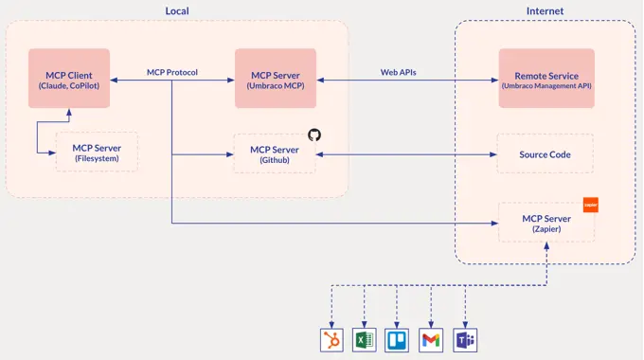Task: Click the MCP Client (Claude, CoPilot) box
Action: pos(68,80)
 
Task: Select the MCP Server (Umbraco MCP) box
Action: pos(275,80)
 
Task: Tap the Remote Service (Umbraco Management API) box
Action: pos(546,80)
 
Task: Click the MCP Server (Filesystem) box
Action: pos(97,153)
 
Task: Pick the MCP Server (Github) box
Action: pos(275,153)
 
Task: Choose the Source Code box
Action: pos(546,153)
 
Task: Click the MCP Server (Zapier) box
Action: pos(546,223)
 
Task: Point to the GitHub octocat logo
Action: pos(314,135)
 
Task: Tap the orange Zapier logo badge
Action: pos(590,204)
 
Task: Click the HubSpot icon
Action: pos(331,340)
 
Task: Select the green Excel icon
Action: pos(364,340)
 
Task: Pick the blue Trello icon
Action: pos(397,340)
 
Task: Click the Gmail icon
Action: pos(431,340)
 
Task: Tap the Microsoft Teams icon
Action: pos(464,340)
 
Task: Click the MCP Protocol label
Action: pos(172,72)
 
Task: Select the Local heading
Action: pos(176,11)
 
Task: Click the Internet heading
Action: pos(545,11)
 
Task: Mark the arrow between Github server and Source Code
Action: pos(407,153)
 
